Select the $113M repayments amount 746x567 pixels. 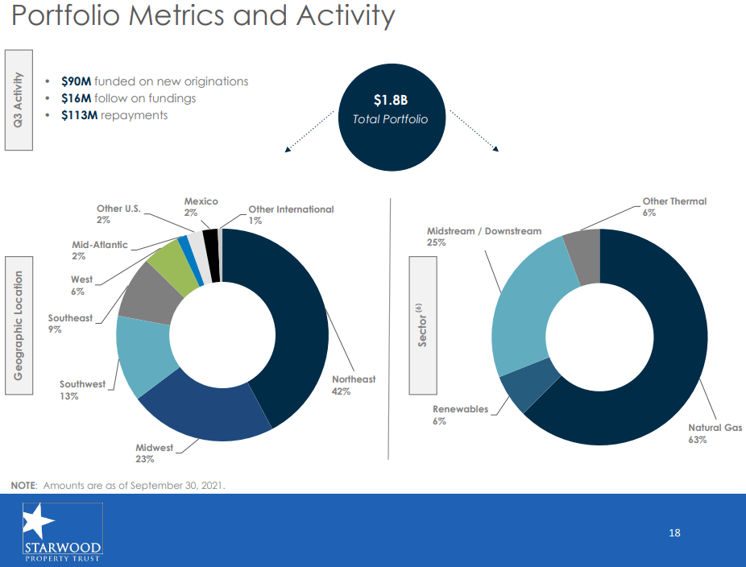(79, 115)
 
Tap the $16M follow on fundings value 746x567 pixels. (76, 98)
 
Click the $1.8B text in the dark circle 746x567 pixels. (390, 101)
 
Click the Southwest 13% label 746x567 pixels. (81, 390)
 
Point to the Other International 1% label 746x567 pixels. (289, 214)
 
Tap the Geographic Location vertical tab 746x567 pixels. (19, 325)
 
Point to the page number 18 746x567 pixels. (674, 533)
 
